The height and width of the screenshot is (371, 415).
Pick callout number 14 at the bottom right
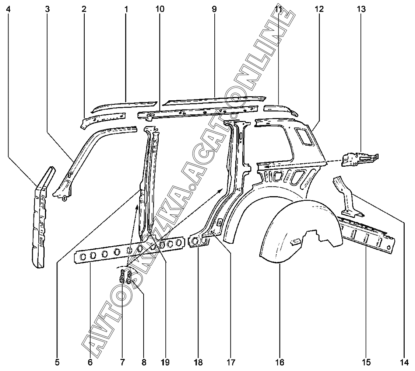click(405, 362)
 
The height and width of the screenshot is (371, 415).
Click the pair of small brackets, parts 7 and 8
click(126, 275)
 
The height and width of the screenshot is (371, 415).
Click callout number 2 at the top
click(84, 9)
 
